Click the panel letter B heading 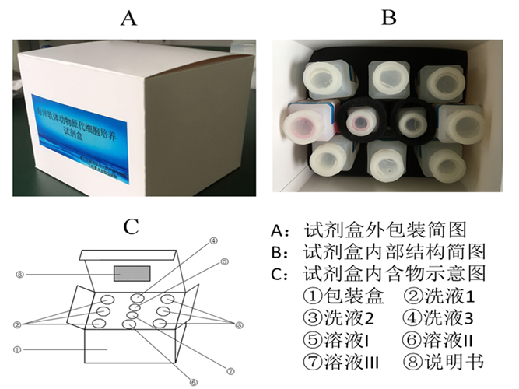(x=387, y=18)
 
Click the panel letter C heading (x=131, y=226)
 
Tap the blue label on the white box (x=85, y=129)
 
